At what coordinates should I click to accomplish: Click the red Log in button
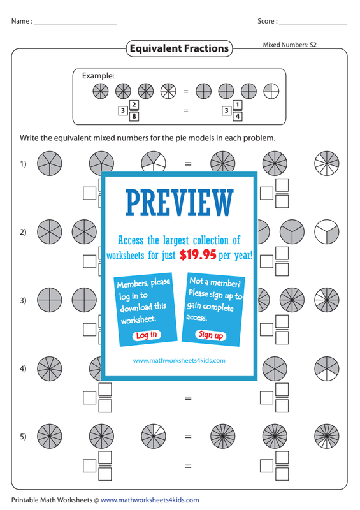coord(147,335)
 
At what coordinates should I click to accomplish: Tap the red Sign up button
coord(211,335)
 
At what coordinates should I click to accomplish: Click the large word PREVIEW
coord(180,203)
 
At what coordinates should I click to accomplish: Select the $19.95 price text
coord(198,254)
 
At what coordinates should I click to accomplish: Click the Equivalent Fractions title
coord(179,48)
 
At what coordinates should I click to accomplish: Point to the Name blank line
coord(75,25)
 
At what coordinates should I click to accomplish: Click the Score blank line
coord(313,25)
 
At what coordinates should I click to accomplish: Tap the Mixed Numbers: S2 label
coord(290,45)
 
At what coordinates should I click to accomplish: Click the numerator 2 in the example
coord(134,105)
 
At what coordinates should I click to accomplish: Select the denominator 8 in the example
coord(134,116)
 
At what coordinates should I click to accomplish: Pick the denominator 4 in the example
coord(238,116)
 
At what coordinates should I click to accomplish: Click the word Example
coord(98,76)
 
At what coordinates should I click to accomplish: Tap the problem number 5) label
coord(23,436)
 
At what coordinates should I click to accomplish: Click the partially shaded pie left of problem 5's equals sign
coord(154,436)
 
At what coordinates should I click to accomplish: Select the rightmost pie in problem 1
coord(327,163)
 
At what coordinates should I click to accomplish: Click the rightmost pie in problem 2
coord(327,232)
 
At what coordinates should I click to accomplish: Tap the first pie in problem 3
coord(50,300)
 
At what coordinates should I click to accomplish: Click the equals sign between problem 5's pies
coord(188,437)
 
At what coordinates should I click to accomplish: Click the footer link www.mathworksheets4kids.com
coord(150,500)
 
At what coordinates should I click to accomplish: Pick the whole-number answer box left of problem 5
coord(89,466)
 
